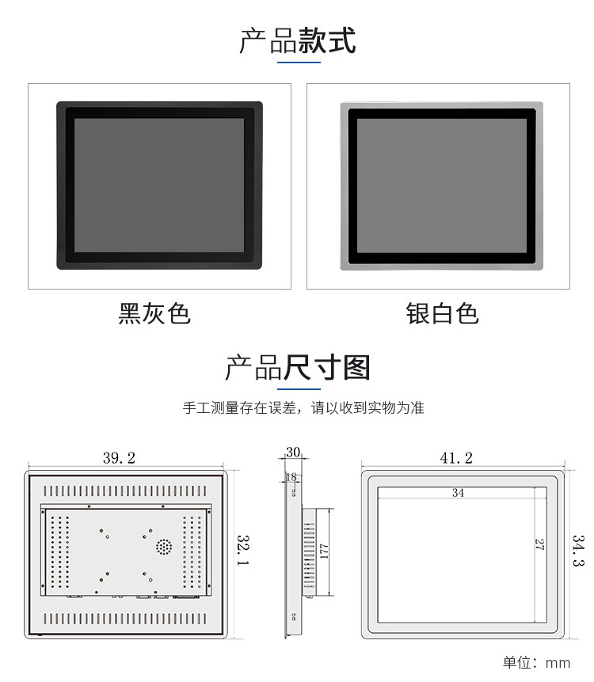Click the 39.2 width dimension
tap(119, 458)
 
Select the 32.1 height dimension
tap(243, 550)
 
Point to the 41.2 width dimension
tap(456, 458)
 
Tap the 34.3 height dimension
tap(579, 551)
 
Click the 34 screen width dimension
tap(459, 493)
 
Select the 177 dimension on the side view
tap(323, 551)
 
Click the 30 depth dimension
tap(293, 453)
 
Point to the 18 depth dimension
tap(291, 477)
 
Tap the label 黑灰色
tap(154, 313)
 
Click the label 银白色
tap(442, 313)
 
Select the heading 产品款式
tap(297, 40)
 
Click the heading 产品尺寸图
tap(297, 368)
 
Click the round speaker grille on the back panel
tap(163, 546)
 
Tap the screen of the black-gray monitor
tap(159, 185)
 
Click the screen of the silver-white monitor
tap(441, 186)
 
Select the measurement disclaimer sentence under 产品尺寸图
tap(303, 408)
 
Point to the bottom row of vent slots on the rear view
tap(127, 617)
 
